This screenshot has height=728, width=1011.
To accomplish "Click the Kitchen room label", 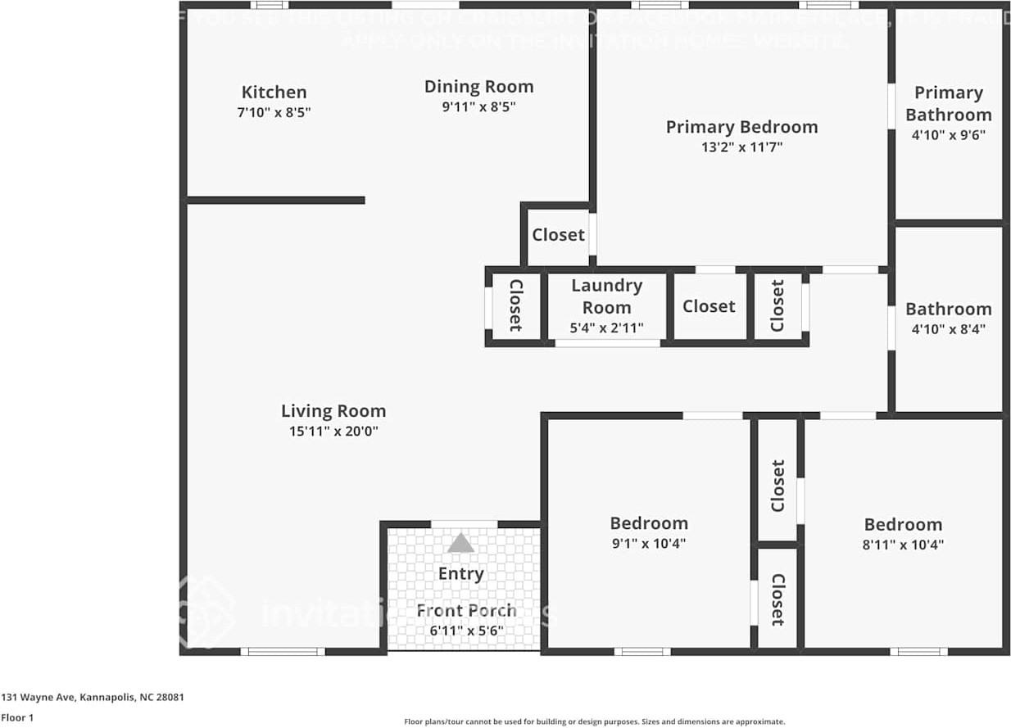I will pos(274,93).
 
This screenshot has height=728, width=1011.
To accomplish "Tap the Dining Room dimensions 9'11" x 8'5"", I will pos(478,106).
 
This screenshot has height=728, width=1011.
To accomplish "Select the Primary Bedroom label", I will pos(741,127).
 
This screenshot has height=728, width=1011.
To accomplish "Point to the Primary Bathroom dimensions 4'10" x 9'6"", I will pos(948,135).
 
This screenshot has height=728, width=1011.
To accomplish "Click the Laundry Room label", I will pos(606,296).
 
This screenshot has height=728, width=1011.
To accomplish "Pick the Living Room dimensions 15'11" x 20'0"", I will pos(333,432).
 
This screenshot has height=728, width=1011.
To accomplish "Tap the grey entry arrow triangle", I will pos(460,543).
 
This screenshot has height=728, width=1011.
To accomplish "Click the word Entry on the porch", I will pos(460,574).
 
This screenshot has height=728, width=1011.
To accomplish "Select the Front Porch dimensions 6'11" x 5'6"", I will pos(466,631).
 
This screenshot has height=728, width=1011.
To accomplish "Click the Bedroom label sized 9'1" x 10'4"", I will pos(649,523).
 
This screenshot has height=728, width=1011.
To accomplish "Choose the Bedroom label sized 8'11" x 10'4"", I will pos(903,524).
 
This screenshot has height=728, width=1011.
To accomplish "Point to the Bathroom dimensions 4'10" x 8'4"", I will pos(948,329).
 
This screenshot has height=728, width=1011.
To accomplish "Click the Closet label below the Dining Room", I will pos(558,235).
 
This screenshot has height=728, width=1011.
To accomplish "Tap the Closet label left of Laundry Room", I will pos(516,305).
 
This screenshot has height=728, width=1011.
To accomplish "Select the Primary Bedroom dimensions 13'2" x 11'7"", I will pos(741,147).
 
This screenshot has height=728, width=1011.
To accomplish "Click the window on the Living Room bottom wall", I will pos(283,652).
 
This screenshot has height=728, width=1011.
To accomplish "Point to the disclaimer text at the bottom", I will pos(594,721).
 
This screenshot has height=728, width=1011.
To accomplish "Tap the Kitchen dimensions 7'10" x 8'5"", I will pos(274,112).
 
